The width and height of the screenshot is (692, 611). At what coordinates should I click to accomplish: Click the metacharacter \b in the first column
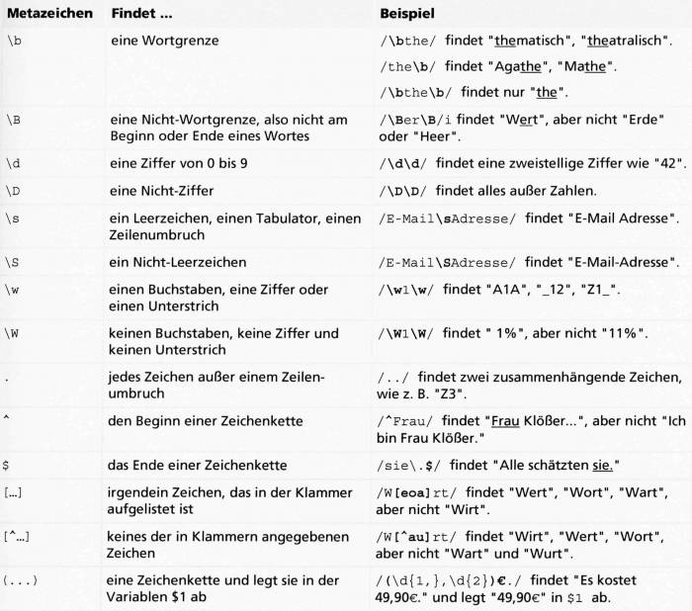tap(14, 43)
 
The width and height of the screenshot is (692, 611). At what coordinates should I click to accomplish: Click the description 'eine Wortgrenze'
tap(164, 43)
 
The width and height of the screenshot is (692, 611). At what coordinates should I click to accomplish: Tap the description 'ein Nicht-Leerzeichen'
tap(178, 262)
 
